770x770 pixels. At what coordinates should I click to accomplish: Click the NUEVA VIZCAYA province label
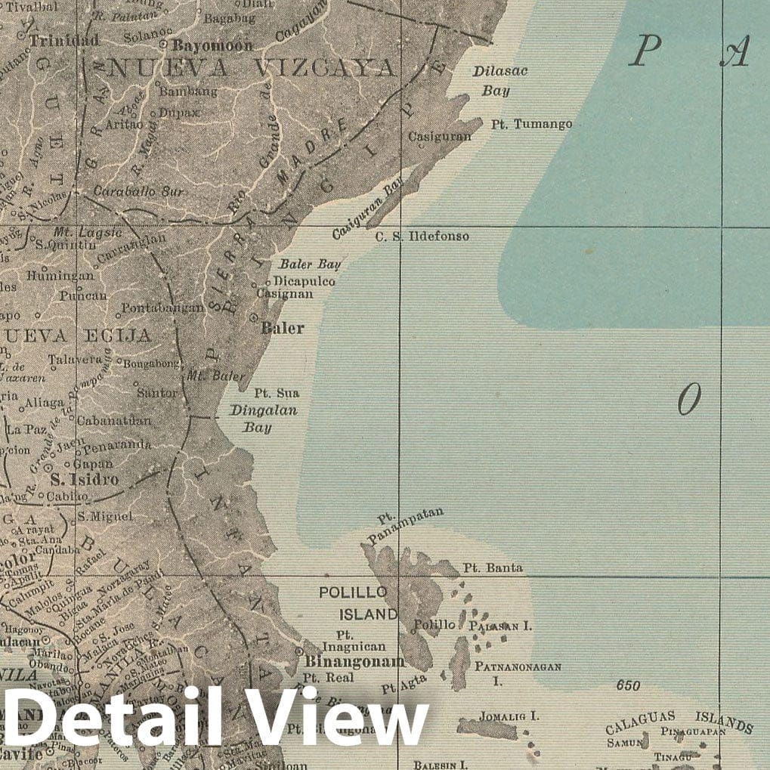[x=253, y=69]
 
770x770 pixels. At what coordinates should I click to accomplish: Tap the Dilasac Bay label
[x=499, y=81]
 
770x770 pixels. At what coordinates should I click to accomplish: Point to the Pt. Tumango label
[x=532, y=124]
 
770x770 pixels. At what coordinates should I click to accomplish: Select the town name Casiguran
[x=440, y=137]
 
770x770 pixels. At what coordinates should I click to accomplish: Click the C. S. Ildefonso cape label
[x=422, y=237]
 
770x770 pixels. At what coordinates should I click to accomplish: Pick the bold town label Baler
[x=283, y=328]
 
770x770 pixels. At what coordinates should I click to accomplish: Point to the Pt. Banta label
[x=493, y=567]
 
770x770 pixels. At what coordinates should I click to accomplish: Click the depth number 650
[x=628, y=686]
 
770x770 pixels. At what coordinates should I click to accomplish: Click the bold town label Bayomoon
[x=212, y=45]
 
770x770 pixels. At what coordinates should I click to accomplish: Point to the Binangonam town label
[x=354, y=662]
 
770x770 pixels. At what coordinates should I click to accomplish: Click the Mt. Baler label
[x=216, y=376]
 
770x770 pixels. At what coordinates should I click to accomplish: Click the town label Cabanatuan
[x=119, y=420]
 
